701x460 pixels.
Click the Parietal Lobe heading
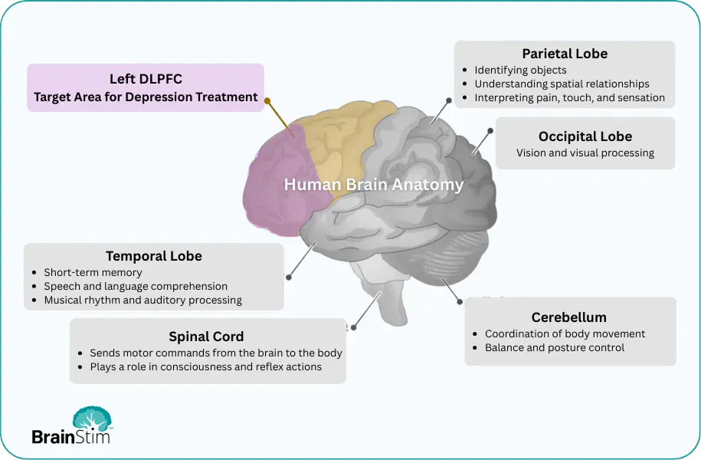point(565,54)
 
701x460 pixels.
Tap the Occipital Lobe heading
point(585,136)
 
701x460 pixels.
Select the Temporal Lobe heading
point(154,256)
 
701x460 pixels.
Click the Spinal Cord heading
point(207,337)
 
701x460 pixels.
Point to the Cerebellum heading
point(569,317)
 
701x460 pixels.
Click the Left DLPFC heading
point(146,79)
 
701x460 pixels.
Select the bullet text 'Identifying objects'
point(521,70)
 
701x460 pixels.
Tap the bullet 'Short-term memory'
point(93,272)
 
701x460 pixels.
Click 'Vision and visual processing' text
point(585,153)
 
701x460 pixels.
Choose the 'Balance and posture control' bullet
point(555,347)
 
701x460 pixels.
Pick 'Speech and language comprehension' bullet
point(136,286)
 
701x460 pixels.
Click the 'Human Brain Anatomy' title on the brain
point(374,185)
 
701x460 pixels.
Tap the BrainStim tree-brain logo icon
point(92,419)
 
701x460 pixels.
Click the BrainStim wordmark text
point(71,437)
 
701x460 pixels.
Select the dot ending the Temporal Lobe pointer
point(288,276)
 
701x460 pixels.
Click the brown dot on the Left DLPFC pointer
point(267,100)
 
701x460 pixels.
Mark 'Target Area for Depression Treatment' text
point(146,97)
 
